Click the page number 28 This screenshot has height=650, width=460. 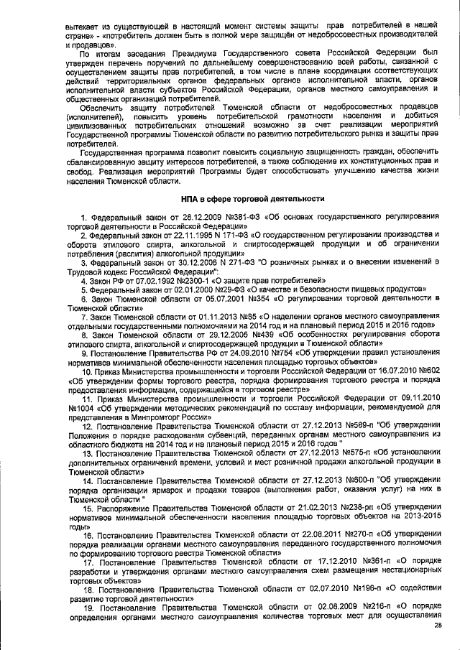(x=437, y=625)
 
